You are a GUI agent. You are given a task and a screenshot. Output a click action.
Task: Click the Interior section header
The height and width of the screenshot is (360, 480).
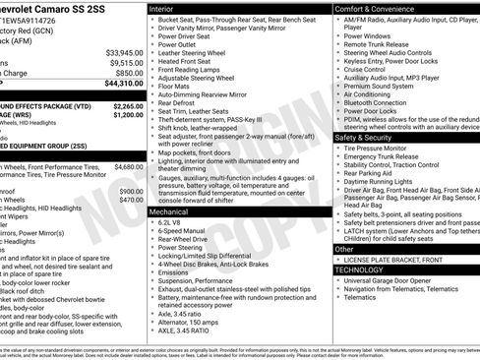point(163,7)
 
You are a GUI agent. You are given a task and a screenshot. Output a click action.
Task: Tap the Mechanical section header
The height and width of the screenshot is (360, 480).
point(168,211)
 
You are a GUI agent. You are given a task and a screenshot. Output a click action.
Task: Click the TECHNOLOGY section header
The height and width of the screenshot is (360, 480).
point(359,269)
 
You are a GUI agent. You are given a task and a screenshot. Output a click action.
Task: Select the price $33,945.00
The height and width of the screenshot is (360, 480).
point(124,52)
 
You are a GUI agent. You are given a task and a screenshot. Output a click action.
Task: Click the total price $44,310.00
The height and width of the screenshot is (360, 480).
point(122,84)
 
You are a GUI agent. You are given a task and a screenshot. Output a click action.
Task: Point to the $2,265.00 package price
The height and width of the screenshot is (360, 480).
point(128,104)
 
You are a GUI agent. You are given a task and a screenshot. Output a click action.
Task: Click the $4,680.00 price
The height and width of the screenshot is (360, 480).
point(128,167)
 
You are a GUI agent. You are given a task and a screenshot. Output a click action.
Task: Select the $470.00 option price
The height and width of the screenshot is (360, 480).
point(131,200)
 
